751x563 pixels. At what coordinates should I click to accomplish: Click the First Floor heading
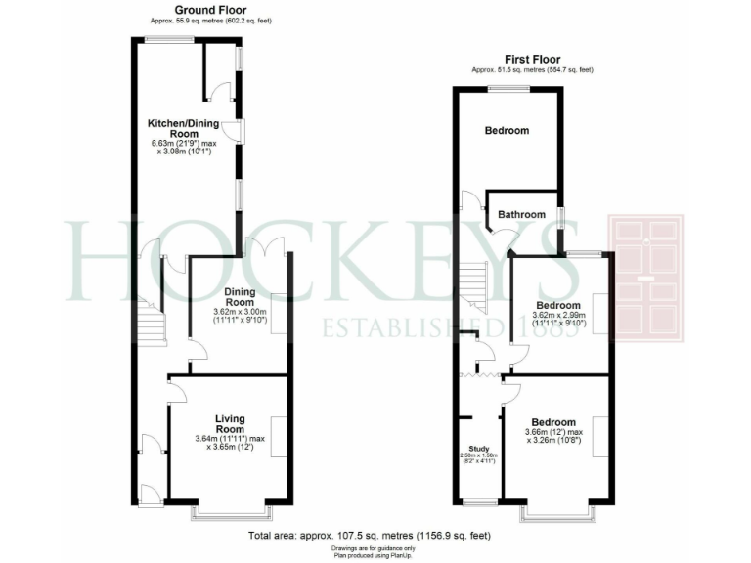[532, 59]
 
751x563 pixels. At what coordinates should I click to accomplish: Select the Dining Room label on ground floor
[240, 296]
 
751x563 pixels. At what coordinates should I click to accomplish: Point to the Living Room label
[230, 424]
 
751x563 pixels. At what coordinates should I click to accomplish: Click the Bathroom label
[521, 214]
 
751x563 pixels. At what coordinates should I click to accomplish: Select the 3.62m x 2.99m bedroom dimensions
[556, 321]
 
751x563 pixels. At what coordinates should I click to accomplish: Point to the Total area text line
[369, 536]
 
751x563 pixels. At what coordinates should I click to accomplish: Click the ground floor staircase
[153, 322]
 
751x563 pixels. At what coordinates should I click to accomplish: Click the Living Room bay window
[229, 510]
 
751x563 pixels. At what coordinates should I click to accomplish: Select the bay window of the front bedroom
[556, 510]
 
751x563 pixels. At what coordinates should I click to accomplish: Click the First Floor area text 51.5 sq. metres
[532, 70]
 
